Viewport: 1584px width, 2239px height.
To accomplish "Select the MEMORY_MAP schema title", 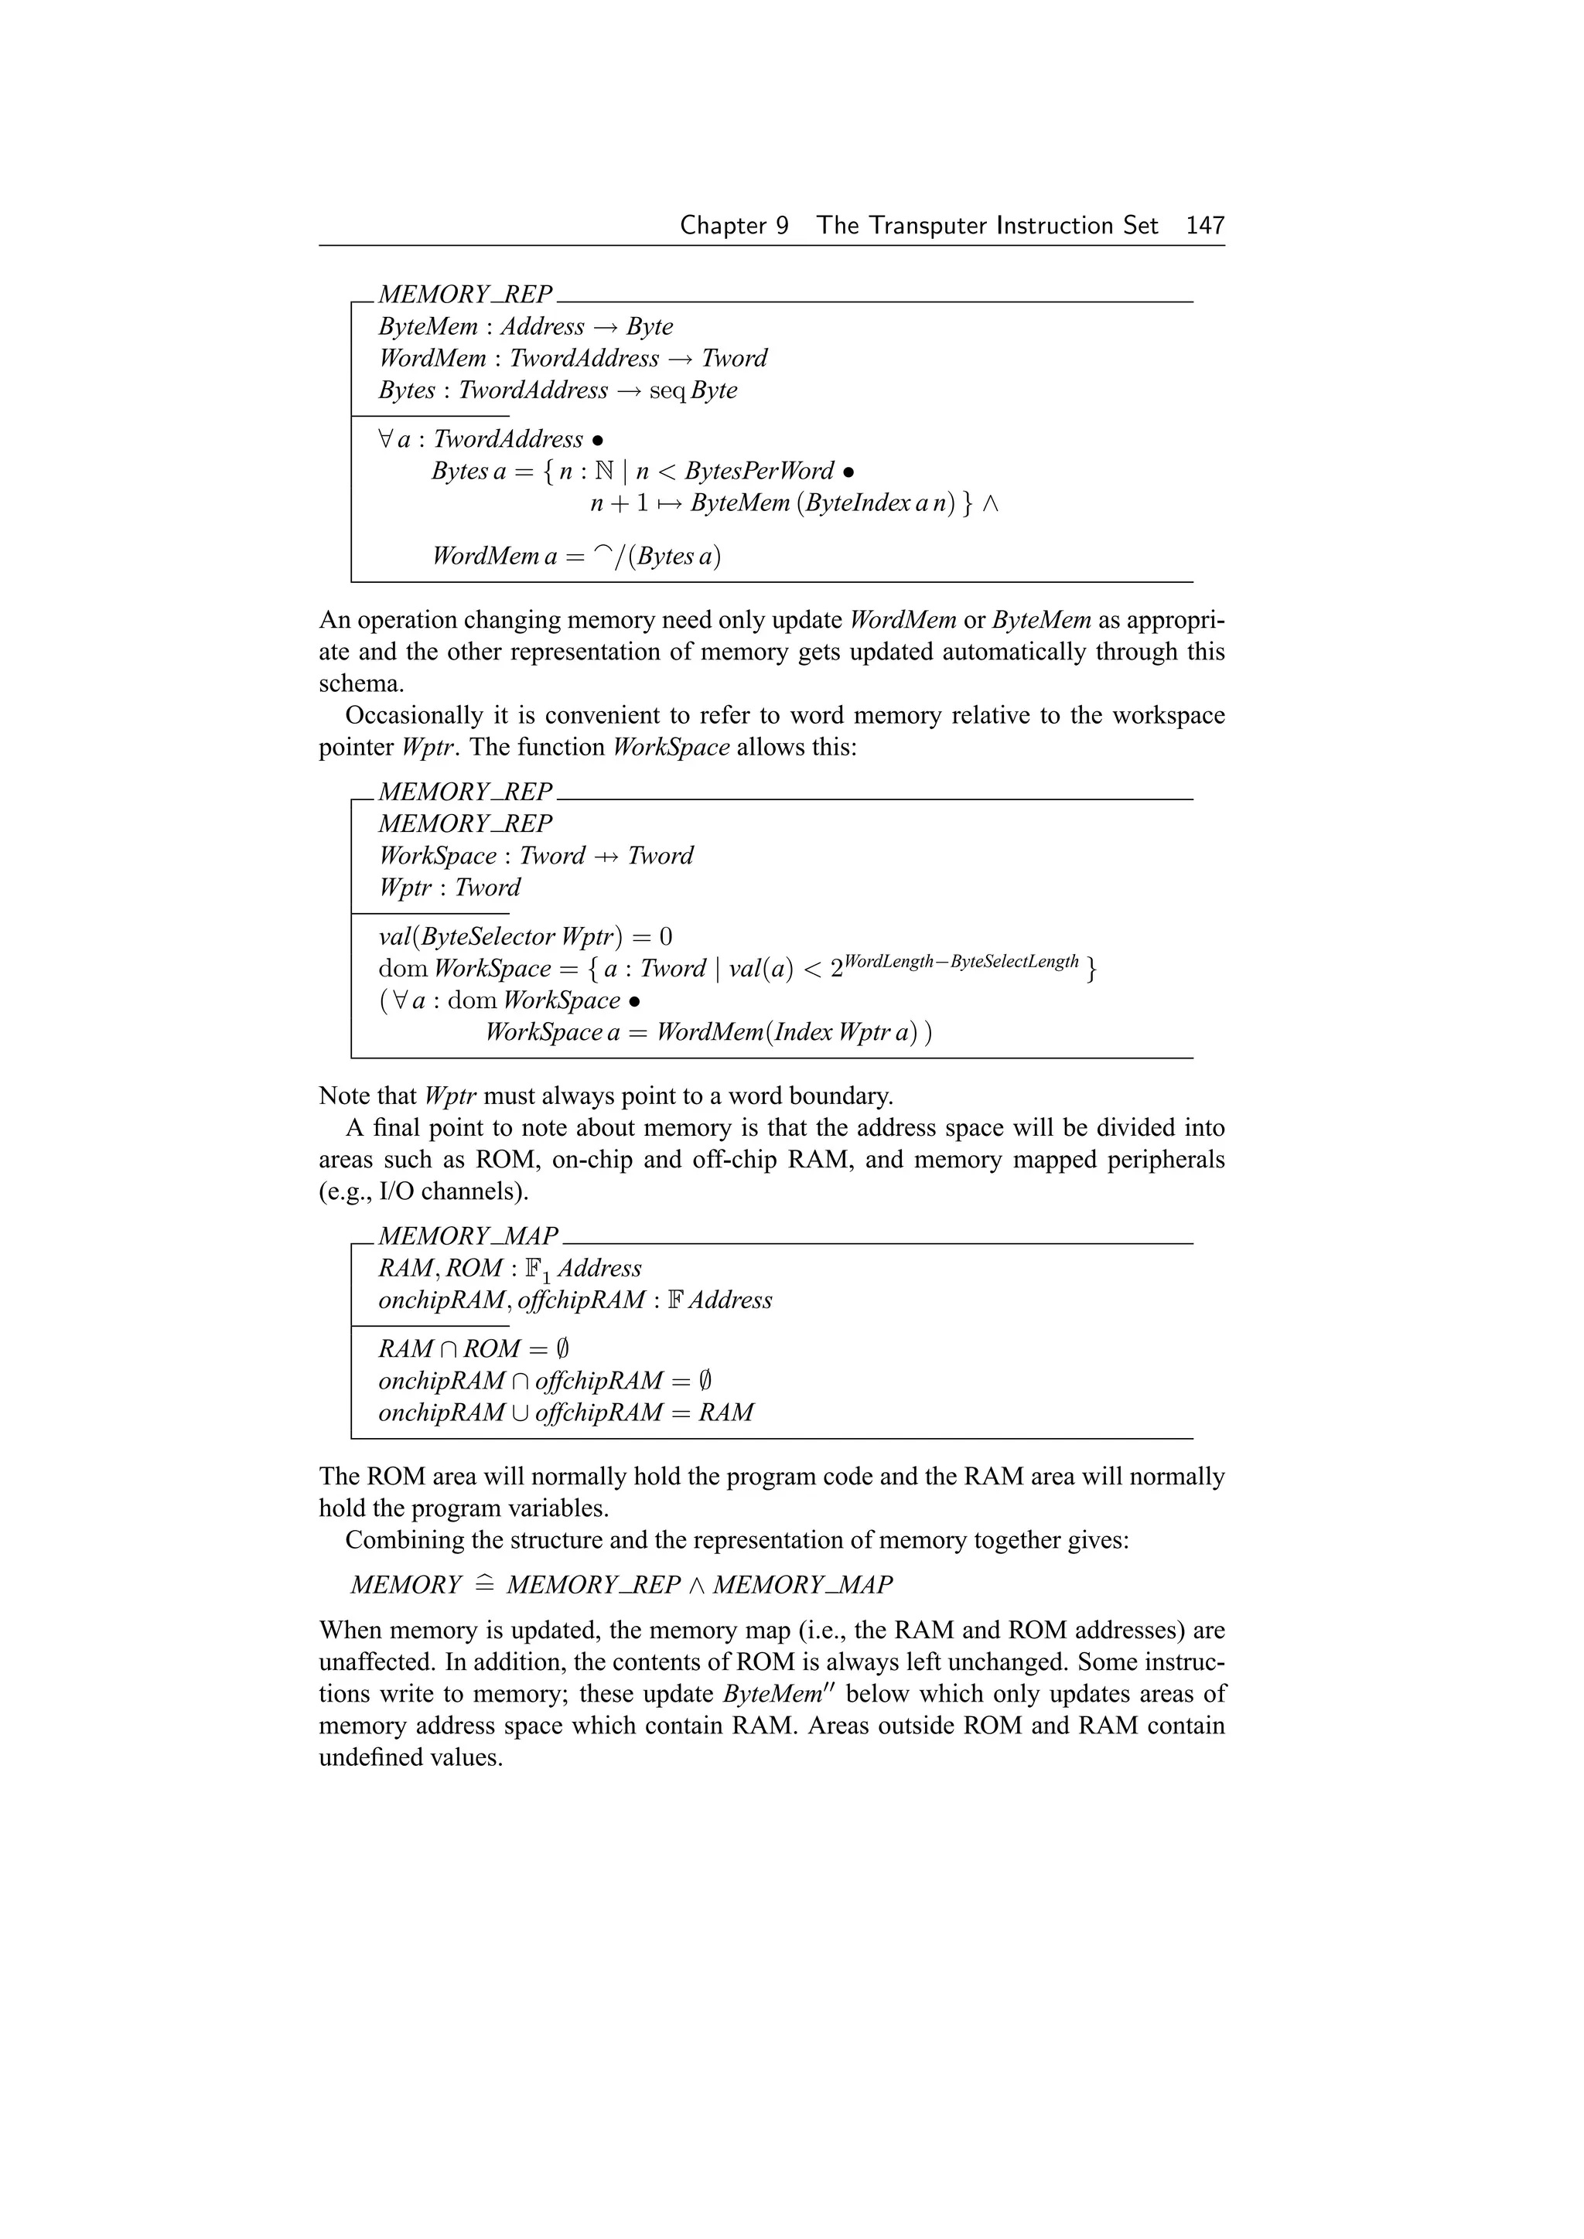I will point(467,1235).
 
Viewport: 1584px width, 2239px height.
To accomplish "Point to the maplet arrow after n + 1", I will point(669,503).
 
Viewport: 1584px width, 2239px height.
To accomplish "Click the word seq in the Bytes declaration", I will point(667,390).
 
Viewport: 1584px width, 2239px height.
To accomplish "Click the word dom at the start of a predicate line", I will point(403,970).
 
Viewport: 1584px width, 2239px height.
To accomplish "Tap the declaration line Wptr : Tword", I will point(449,888).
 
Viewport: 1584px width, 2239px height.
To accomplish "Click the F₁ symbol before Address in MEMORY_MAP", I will point(538,1269).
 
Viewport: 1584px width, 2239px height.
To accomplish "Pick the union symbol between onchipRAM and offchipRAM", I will point(520,1413).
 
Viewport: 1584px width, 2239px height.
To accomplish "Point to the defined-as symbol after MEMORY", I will point(483,1585).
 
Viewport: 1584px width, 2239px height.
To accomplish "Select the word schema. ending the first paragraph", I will point(361,683).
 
